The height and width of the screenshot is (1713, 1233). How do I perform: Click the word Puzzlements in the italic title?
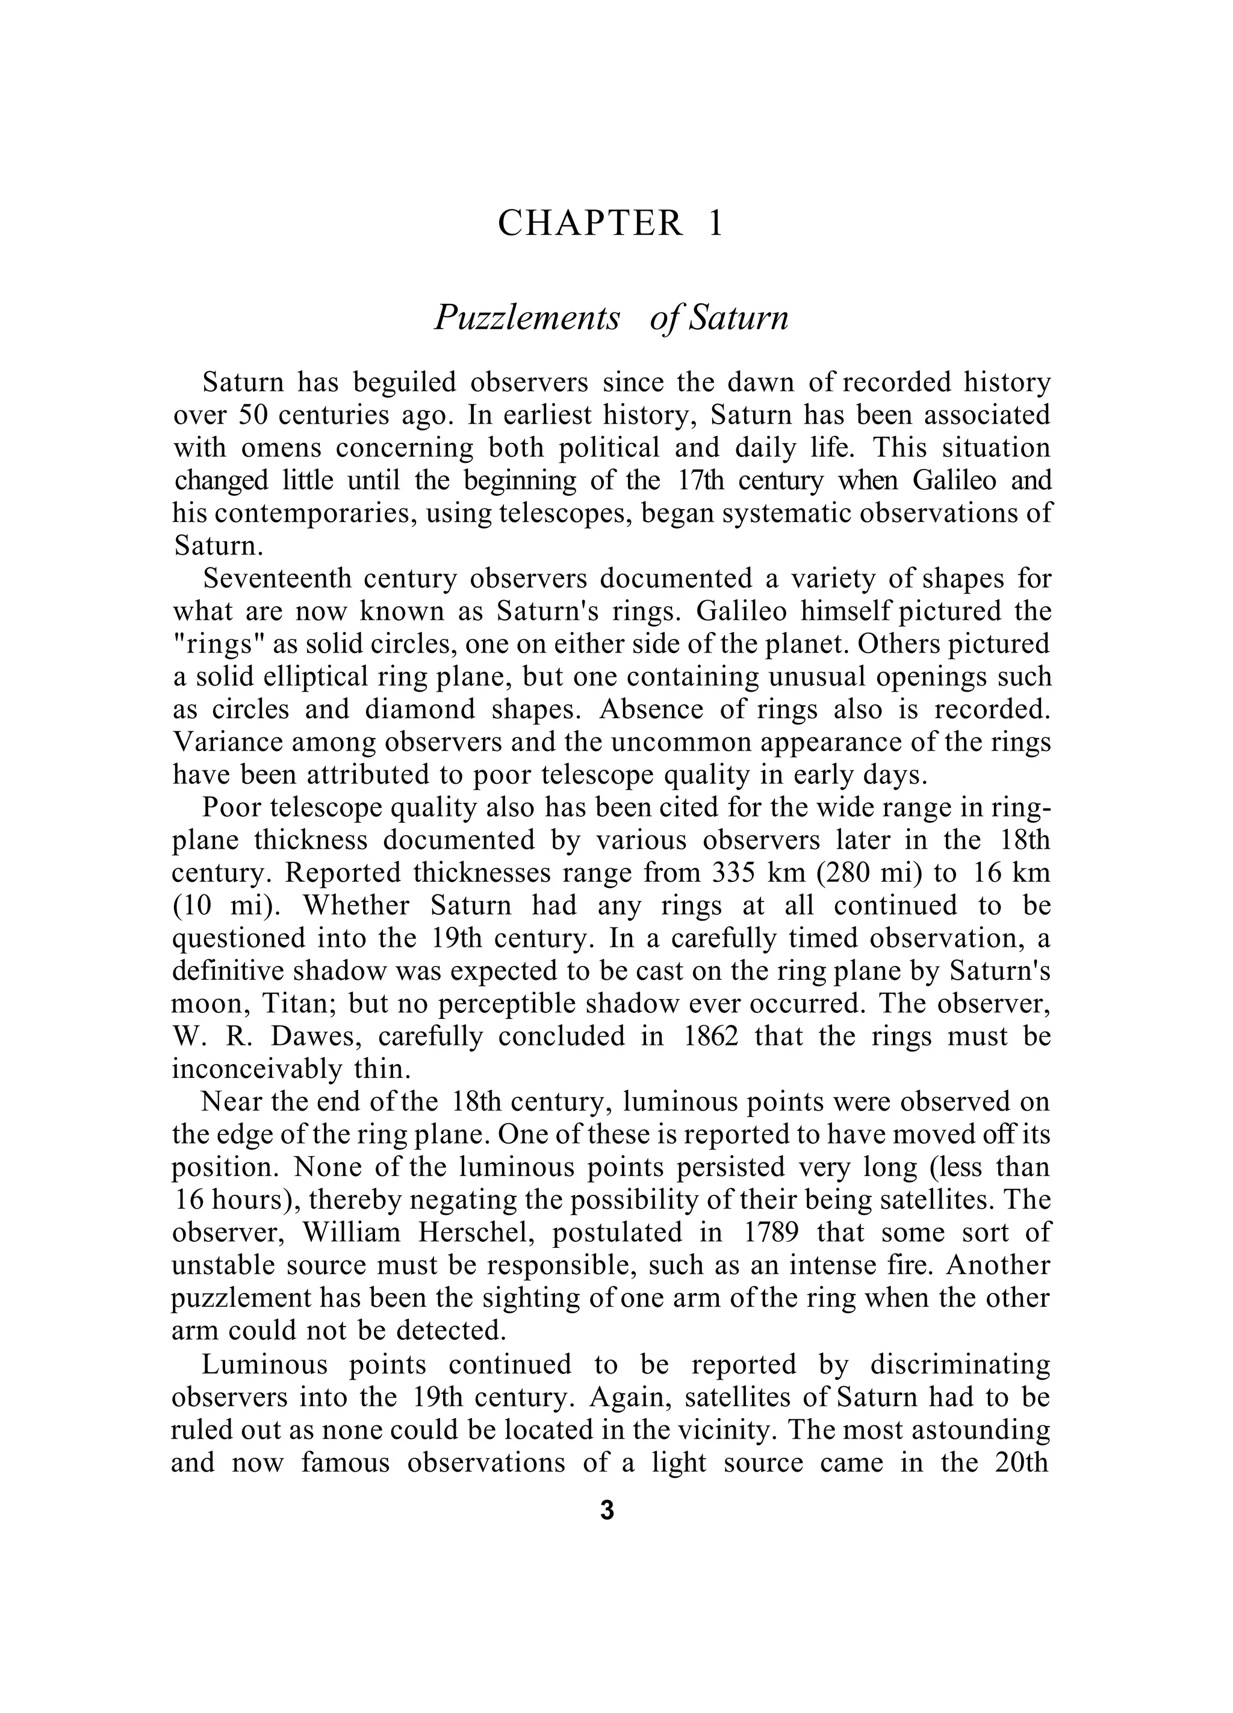point(527,318)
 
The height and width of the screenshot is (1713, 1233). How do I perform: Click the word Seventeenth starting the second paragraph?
point(278,578)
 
